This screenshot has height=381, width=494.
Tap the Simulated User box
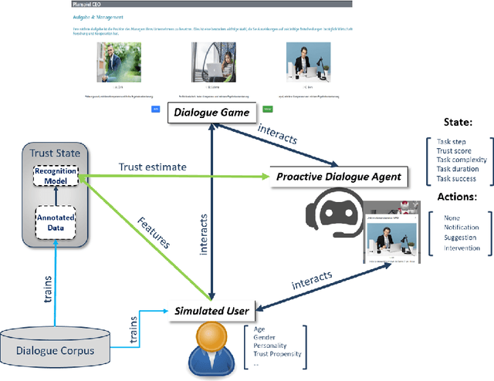click(x=211, y=311)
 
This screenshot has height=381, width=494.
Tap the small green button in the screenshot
click(x=267, y=110)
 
